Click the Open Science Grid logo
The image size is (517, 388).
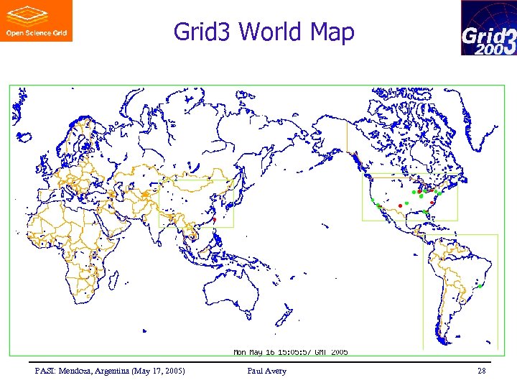coord(36,21)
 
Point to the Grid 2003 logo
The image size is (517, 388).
coord(488,28)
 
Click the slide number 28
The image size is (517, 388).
coord(480,371)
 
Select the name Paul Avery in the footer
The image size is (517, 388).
coord(266,371)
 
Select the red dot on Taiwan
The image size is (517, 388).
coord(214,218)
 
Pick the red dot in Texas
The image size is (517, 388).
coord(400,206)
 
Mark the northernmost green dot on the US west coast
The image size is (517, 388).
coord(373,199)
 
